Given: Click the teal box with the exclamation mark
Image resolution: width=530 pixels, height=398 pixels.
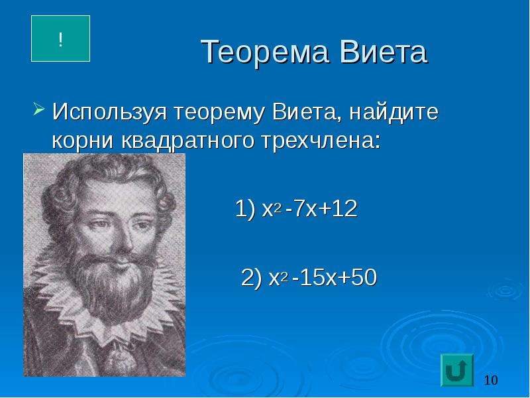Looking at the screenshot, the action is [60, 38].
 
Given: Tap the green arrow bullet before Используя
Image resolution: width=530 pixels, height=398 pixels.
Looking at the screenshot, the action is [39, 109].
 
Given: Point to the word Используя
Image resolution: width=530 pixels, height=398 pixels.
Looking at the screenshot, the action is [110, 112].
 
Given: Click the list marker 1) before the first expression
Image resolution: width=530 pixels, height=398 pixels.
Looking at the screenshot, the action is [245, 209].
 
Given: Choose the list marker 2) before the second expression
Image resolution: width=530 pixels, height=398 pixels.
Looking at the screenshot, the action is [252, 278].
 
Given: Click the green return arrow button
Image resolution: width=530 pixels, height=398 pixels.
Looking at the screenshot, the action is [457, 370].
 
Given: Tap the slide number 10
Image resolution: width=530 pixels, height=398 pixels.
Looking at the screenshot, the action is [491, 380].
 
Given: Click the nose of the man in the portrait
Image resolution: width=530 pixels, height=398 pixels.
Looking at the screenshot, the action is [119, 237].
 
